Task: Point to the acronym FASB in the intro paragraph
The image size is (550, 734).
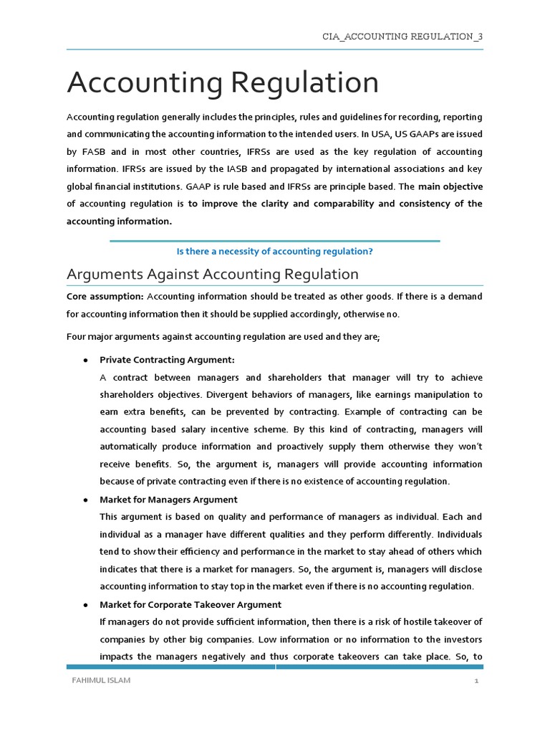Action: click(x=95, y=152)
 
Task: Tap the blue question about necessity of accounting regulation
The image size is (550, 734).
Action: click(x=274, y=252)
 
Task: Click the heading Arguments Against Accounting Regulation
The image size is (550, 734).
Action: click(x=212, y=275)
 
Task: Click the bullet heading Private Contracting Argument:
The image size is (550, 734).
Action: click(x=167, y=360)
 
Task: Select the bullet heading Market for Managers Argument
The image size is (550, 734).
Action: click(x=168, y=500)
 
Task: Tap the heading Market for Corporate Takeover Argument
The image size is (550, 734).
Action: click(x=190, y=604)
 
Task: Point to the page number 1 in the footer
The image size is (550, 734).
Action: click(x=476, y=682)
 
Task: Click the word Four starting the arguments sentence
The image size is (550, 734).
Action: click(x=77, y=337)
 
